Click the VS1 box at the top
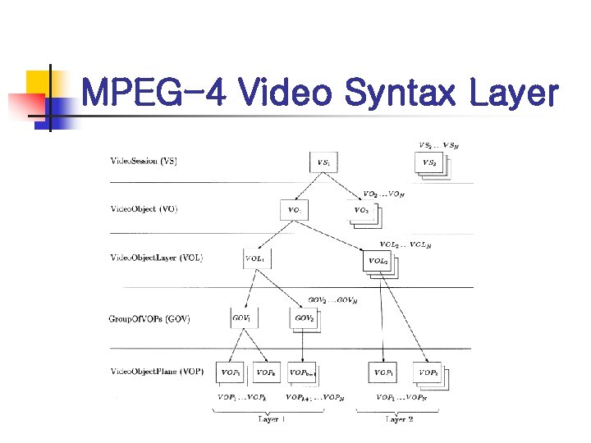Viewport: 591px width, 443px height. [x=324, y=162]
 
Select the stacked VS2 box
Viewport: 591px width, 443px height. [x=429, y=163]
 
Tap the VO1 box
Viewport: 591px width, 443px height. [x=293, y=210]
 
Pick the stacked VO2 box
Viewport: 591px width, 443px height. [x=361, y=211]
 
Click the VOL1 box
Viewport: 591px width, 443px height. [x=256, y=258]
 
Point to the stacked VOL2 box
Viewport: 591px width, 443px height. [x=378, y=261]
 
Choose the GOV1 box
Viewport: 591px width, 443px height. [x=242, y=317]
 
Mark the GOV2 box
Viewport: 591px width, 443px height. [x=305, y=318]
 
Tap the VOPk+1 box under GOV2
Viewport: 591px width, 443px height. [x=303, y=372]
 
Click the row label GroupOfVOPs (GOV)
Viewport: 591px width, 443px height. [x=149, y=318]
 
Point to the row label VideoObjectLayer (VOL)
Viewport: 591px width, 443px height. [x=157, y=258]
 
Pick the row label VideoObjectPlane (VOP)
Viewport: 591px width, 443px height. [x=157, y=372]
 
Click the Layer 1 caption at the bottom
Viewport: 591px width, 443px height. [x=271, y=419]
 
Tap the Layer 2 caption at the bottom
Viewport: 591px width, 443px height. [x=399, y=419]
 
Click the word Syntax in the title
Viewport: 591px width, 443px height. [x=399, y=94]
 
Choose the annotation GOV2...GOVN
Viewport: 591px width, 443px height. [x=332, y=300]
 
